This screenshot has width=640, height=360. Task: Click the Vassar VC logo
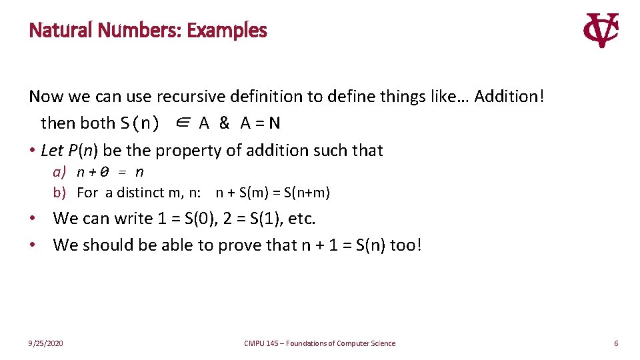[601, 31]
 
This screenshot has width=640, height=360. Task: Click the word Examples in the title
[227, 31]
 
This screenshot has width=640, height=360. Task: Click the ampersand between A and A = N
[224, 123]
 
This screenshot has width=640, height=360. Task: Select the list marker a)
[59, 172]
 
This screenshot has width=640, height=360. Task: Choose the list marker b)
[59, 193]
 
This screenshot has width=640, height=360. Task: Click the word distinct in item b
[139, 193]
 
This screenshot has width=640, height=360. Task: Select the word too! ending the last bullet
[405, 245]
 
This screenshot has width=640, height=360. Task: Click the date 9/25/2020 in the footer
[46, 343]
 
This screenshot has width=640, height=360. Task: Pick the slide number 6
[616, 343]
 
